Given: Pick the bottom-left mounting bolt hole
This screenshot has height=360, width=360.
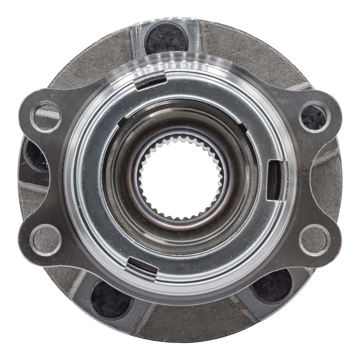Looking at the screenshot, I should pyautogui.click(x=46, y=240).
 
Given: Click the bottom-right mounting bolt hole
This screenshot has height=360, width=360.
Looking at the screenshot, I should pyautogui.click(x=315, y=240).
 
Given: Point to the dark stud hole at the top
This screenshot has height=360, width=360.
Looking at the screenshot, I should pyautogui.click(x=166, y=37).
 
